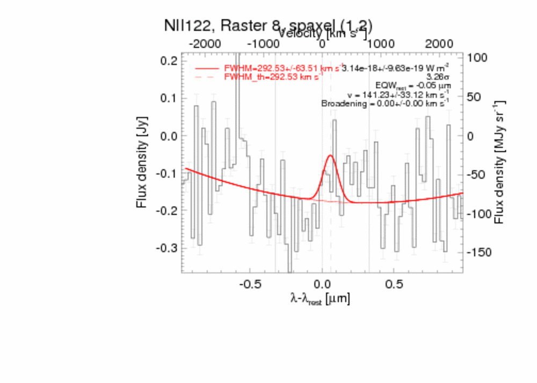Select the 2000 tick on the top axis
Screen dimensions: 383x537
click(438, 43)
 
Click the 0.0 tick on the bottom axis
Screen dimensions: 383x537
click(322, 283)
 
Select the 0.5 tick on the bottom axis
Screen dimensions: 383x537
click(394, 283)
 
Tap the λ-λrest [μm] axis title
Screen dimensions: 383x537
click(320, 299)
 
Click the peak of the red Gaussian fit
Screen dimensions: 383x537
click(330, 156)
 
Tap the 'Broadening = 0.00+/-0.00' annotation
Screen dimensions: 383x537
click(385, 103)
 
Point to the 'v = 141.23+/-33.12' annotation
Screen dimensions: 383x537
click(398, 94)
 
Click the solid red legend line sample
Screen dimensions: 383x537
click(207, 69)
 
